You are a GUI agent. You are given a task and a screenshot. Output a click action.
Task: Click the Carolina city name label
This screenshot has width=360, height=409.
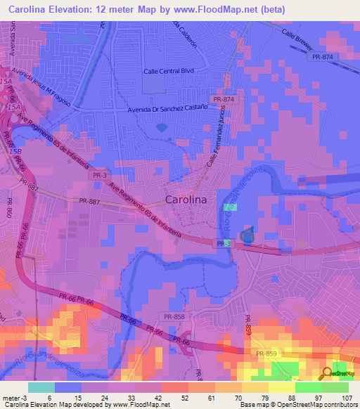pos(186,200)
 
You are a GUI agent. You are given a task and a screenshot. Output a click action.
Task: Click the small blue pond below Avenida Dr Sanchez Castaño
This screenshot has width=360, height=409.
pos(162,129)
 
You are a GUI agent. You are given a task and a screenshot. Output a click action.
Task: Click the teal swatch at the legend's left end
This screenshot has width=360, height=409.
pos(41,387)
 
